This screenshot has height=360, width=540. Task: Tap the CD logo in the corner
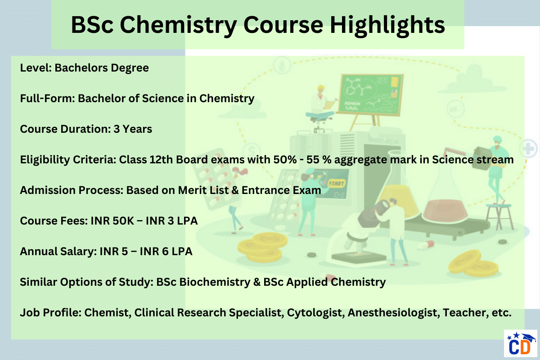[x=520, y=345]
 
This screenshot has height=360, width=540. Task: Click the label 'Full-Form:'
[x=47, y=99]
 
